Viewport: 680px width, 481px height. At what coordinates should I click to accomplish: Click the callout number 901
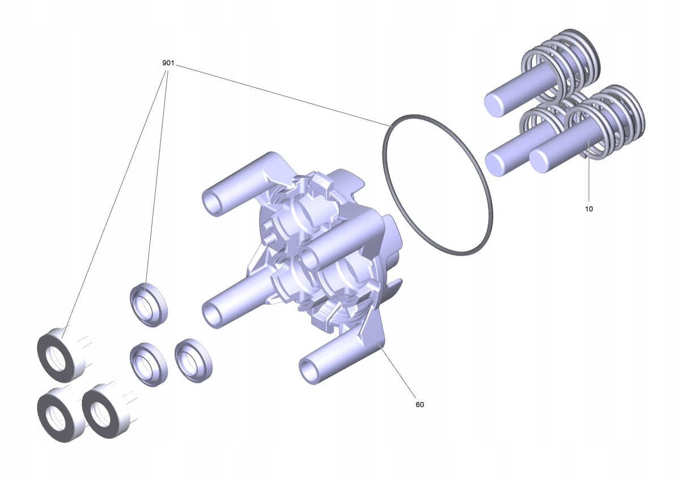168,63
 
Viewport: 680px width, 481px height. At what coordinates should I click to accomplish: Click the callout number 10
589,209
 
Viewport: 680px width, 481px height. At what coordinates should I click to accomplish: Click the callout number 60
419,405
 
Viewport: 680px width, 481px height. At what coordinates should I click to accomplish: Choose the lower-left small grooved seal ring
148,364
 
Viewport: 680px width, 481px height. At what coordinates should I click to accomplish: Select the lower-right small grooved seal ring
193,360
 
